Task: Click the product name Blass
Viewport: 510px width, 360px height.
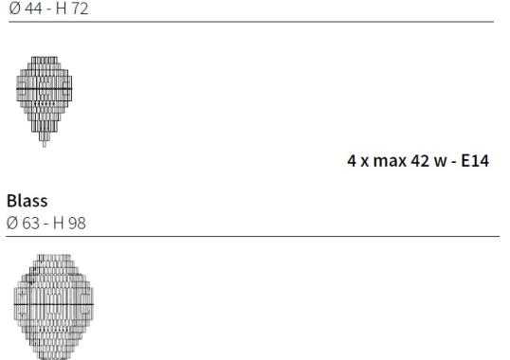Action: [x=27, y=201]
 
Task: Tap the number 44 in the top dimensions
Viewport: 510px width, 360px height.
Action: [x=33, y=9]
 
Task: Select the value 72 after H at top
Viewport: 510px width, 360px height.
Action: [x=80, y=9]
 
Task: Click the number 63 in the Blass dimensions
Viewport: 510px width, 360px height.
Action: [x=31, y=223]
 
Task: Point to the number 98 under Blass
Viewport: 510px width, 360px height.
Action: [x=77, y=223]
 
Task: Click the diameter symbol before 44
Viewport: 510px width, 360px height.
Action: [x=15, y=9]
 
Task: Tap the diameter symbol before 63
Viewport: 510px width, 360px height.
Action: [x=12, y=223]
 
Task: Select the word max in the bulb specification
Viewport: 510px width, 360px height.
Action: [x=390, y=161]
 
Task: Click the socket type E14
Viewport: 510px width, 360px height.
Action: [x=475, y=161]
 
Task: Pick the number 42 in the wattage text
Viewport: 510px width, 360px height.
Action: [x=420, y=161]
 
